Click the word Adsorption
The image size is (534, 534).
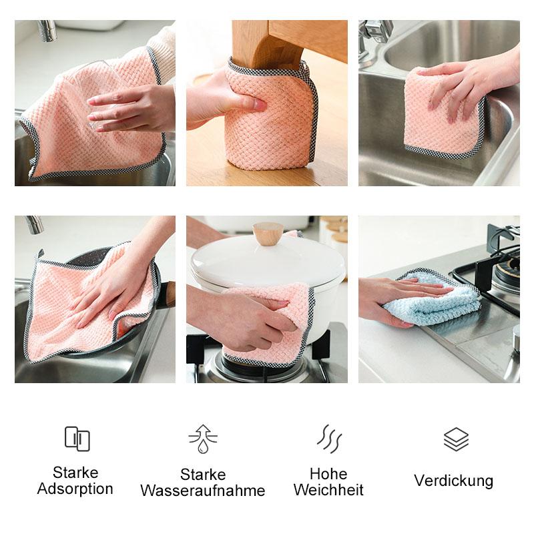click(x=75, y=489)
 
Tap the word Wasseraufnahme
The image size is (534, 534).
click(x=203, y=491)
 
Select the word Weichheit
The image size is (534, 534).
click(x=328, y=490)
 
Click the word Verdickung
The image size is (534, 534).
click(x=454, y=481)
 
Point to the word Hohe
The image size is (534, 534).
click(x=328, y=474)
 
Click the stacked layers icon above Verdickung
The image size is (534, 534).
click(x=456, y=439)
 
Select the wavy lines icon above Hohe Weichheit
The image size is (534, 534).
click(x=329, y=439)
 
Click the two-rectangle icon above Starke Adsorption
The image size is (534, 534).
click(x=77, y=439)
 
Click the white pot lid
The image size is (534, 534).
click(x=268, y=264)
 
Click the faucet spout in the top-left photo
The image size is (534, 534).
click(x=47, y=31)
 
